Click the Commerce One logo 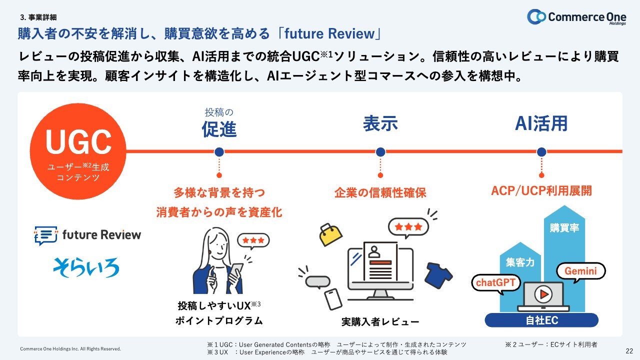tap(576, 17)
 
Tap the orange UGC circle tap(78, 151)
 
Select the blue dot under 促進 tap(219, 152)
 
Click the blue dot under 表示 tap(380, 152)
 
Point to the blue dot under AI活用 tap(541, 152)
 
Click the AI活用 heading tap(541, 123)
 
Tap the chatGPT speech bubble tap(495, 283)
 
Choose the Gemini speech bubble tap(581, 271)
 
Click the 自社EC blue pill tap(541, 320)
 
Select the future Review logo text tap(101, 235)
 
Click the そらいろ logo tap(86, 267)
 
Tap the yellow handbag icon tap(330, 235)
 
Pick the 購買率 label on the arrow tap(564, 228)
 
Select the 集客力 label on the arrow tap(520, 262)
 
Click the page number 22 tap(629, 351)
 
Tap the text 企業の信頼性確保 tap(380, 193)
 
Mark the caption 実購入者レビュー tap(380, 322)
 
